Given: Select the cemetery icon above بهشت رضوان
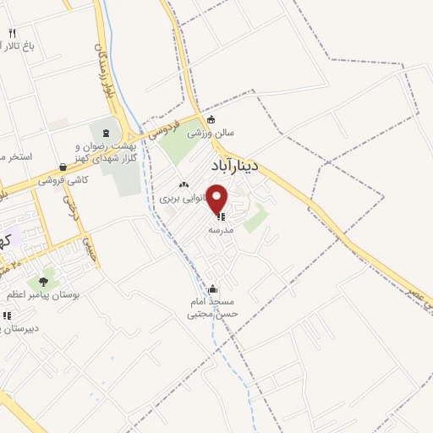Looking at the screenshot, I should click(x=106, y=132).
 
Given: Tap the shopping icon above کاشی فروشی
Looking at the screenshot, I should click(x=63, y=167).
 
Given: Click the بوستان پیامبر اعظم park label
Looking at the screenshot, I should click(x=43, y=293).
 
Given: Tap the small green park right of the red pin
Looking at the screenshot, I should click(x=255, y=217).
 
